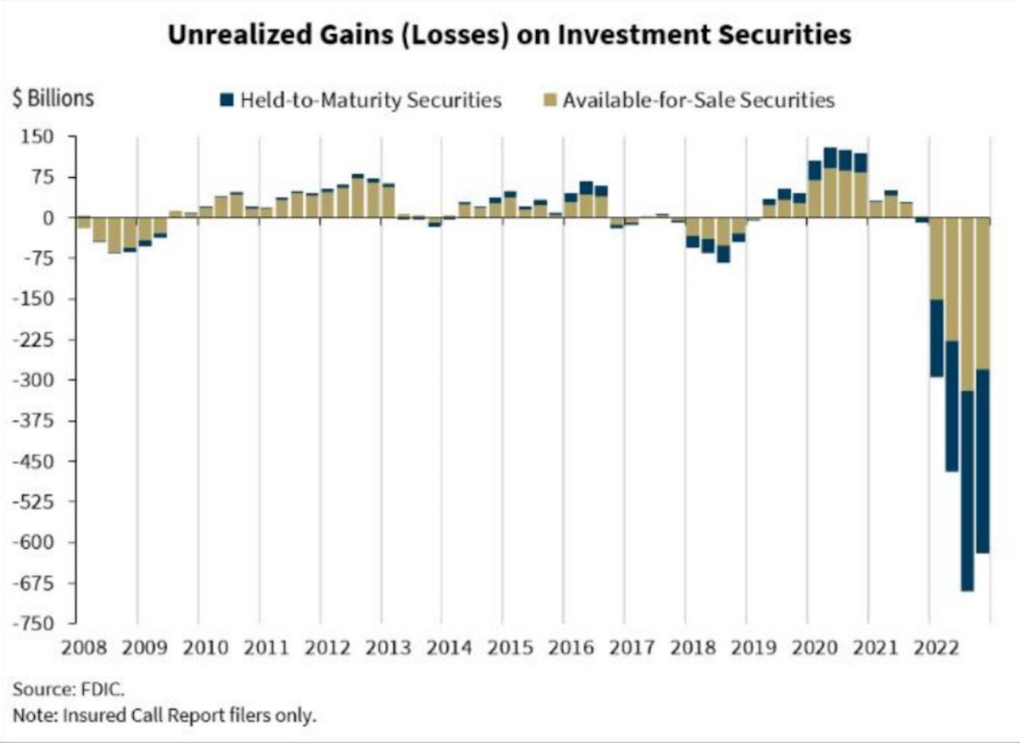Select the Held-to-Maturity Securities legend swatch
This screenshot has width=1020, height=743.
(226, 100)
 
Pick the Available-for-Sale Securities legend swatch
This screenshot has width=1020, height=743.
(550, 100)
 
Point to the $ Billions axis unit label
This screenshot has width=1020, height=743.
(53, 99)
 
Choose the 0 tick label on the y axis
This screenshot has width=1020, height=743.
(47, 218)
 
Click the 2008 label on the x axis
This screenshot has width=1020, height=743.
(84, 648)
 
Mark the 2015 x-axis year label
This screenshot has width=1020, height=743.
(510, 648)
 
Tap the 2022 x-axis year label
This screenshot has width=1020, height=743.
(937, 648)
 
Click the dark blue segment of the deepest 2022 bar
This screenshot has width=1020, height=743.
(967, 491)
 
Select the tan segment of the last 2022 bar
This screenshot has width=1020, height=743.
(983, 293)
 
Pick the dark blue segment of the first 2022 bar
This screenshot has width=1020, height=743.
(937, 338)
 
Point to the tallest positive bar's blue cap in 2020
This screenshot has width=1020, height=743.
(830, 158)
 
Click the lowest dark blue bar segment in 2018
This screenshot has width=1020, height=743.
(723, 254)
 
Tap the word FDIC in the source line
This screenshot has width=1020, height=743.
(102, 690)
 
